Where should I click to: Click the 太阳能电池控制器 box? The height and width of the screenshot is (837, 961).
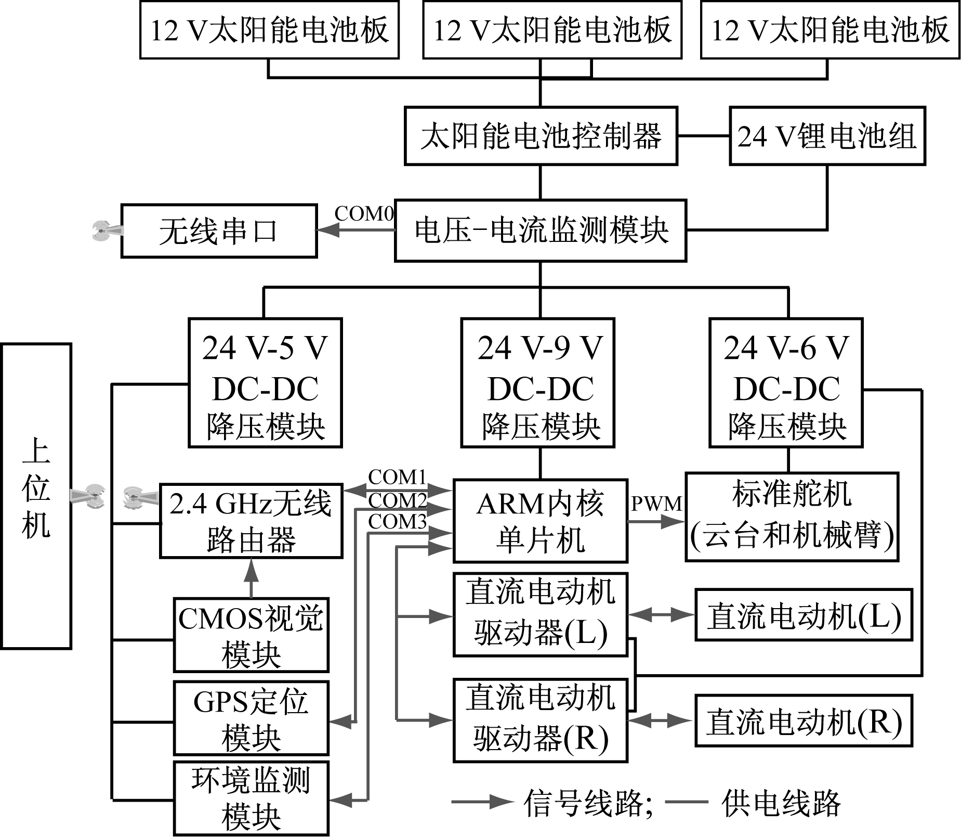coord(541,136)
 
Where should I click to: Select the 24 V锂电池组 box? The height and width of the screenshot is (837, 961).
coord(827,136)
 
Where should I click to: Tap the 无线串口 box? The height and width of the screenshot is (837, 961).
coord(219,231)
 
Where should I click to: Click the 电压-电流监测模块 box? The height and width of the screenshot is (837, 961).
coord(541,230)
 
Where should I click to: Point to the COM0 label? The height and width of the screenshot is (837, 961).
coord(364,213)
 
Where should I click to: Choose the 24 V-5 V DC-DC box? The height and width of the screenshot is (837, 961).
coord(265,383)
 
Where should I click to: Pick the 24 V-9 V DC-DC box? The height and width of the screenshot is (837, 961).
coord(538,383)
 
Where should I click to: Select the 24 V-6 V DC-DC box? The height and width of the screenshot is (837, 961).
coord(786,383)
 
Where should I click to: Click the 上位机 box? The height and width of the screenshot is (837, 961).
coord(36,496)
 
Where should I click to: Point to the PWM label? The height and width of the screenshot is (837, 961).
coord(656,504)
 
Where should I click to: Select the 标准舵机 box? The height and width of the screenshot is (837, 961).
coord(792,517)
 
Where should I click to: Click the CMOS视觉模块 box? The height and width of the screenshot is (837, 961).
coord(251,635)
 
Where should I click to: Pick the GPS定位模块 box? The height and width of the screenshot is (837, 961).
coord(251,718)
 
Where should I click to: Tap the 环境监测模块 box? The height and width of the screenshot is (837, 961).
coord(251,799)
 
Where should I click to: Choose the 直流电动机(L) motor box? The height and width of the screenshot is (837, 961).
coord(804,615)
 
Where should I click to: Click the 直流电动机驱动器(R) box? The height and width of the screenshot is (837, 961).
coord(541,720)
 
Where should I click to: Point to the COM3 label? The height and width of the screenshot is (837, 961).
coord(398,522)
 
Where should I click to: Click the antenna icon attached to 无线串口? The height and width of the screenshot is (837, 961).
coord(104,230)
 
